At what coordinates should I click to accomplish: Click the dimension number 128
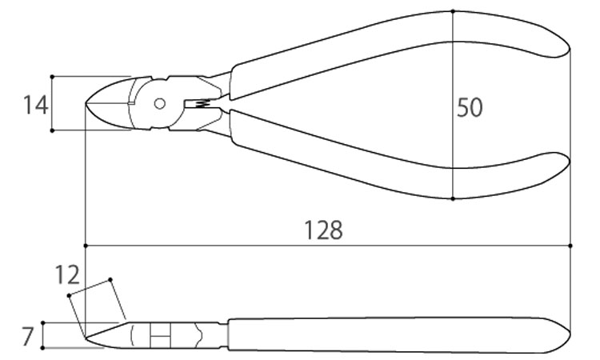[x=323, y=230]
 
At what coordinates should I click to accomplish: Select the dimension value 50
[x=470, y=107]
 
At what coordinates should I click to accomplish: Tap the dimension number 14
[x=35, y=106]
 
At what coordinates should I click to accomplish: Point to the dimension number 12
[x=67, y=274]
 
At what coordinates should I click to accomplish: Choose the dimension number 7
[x=27, y=336]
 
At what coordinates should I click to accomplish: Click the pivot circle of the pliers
[x=159, y=103]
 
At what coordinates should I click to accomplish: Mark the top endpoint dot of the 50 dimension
[x=453, y=11]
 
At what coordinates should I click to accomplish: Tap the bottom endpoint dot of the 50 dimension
[x=453, y=199]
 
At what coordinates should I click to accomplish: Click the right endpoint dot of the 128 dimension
[x=570, y=246]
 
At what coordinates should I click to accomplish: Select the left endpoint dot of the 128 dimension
[x=86, y=246]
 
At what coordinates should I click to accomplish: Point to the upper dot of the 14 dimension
[x=52, y=77]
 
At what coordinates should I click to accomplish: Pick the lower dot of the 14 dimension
[x=52, y=130]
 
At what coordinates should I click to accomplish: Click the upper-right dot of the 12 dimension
[x=110, y=280]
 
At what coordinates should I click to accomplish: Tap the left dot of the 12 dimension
[x=69, y=295]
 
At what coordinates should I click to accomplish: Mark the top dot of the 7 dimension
[x=43, y=323]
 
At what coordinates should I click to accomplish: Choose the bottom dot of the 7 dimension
[x=43, y=348]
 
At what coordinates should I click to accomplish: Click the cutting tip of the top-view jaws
[x=85, y=103]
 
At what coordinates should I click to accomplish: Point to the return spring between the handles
[x=203, y=103]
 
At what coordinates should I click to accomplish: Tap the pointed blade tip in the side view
[x=86, y=338]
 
